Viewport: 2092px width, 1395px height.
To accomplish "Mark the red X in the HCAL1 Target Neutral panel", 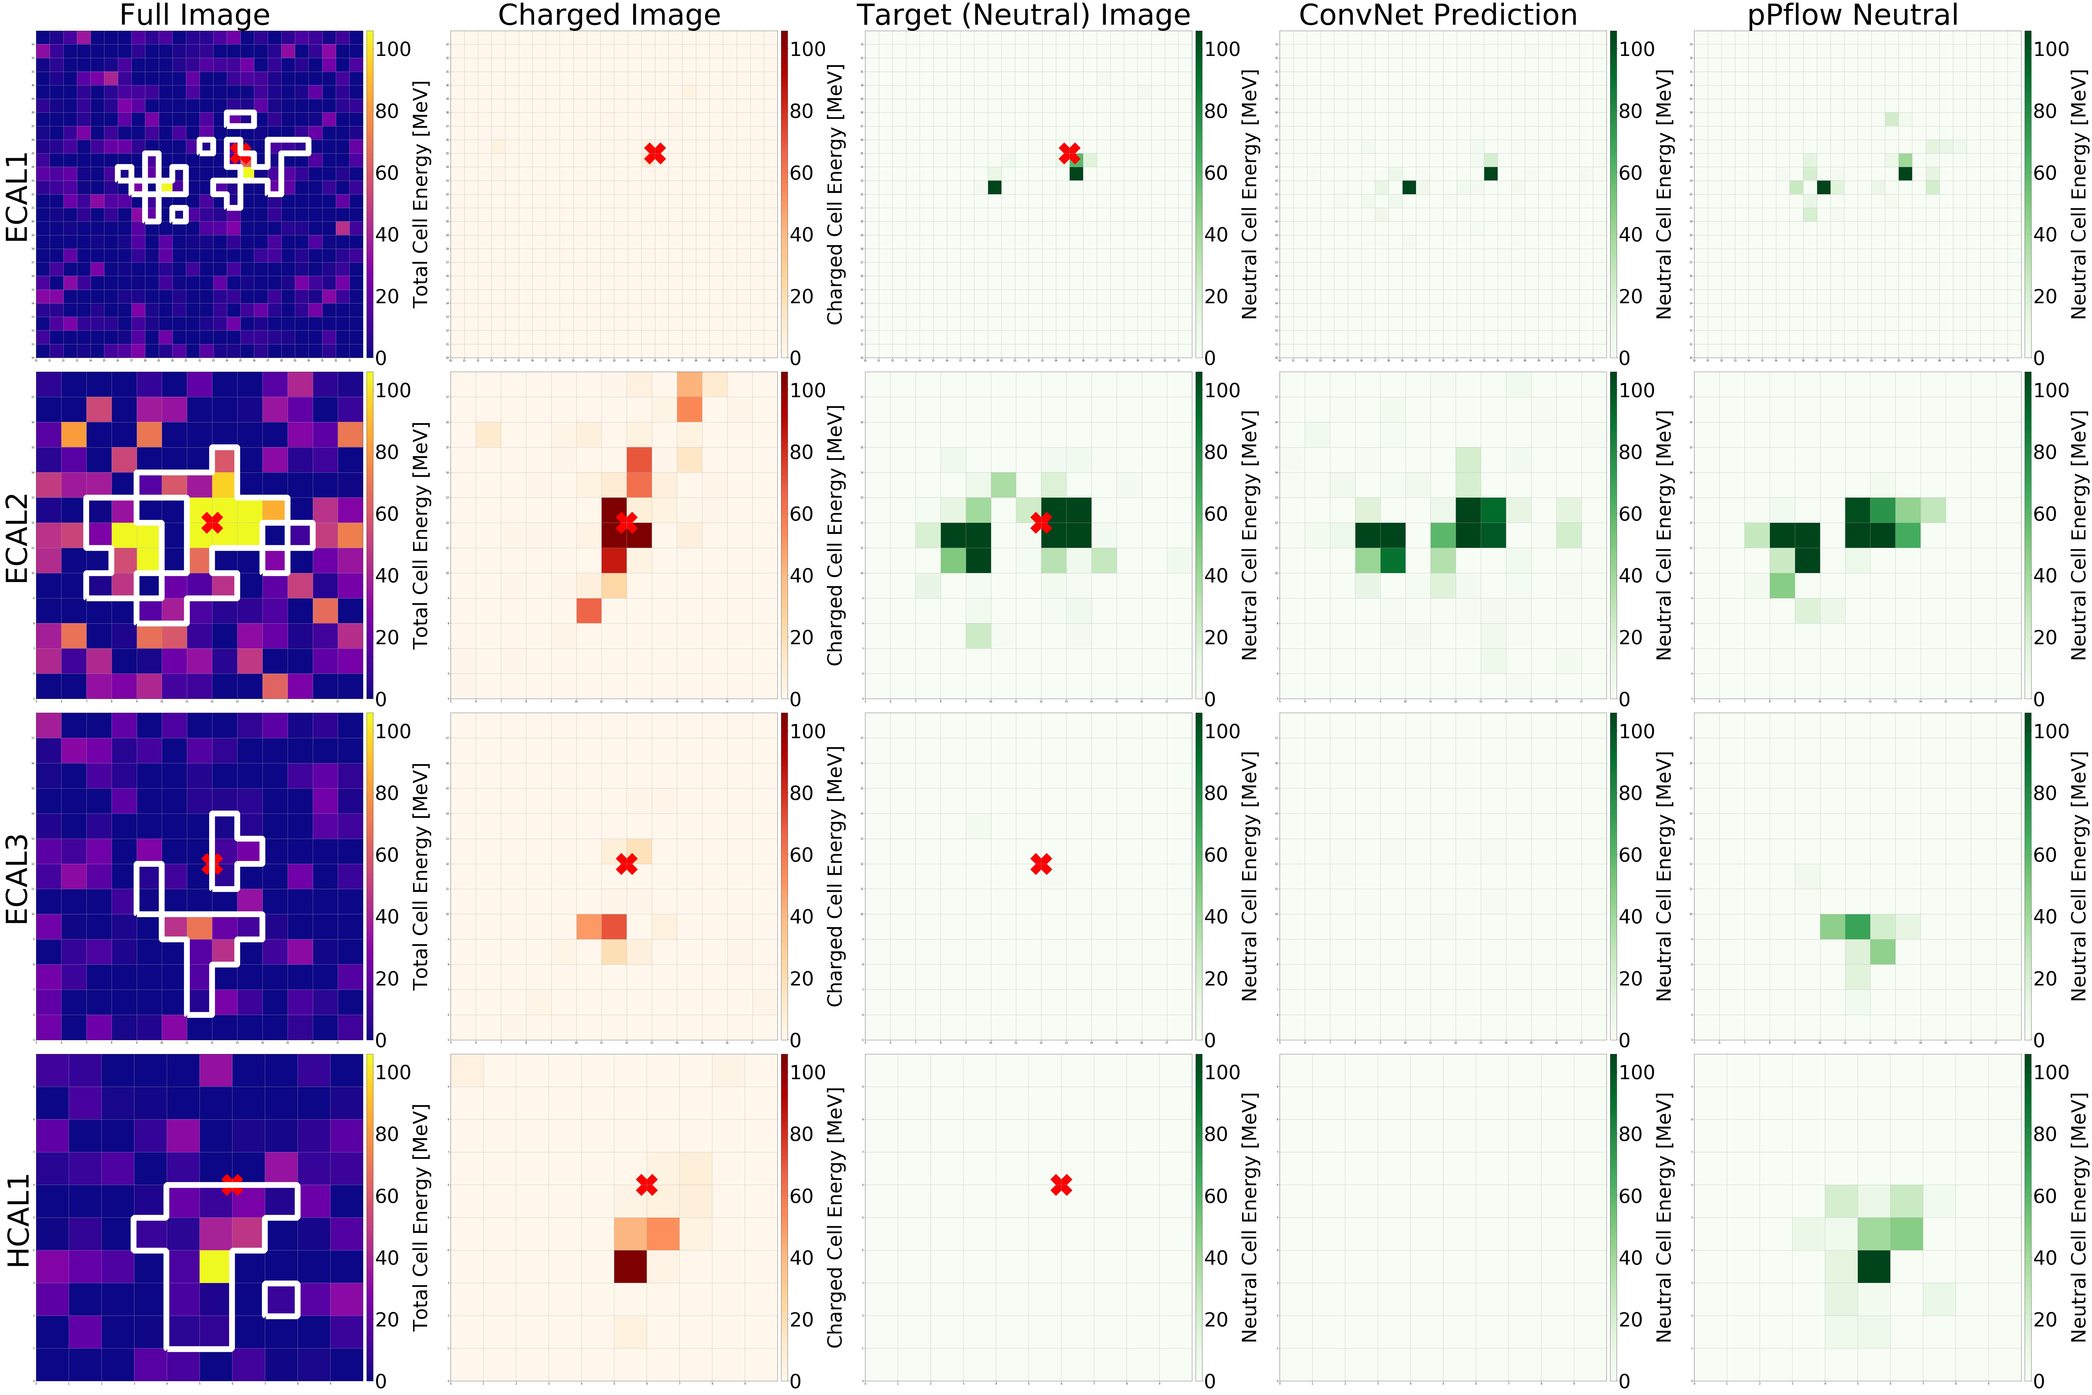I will click(1061, 1185).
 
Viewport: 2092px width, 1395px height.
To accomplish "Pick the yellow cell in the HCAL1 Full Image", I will click(214, 1266).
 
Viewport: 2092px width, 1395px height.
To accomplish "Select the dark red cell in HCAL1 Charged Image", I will click(630, 1266).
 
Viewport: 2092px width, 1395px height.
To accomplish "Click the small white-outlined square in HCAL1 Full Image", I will click(281, 1300).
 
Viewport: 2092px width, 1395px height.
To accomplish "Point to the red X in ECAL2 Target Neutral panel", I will click(1041, 522).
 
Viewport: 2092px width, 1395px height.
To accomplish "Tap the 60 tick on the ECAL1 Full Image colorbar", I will click(387, 173).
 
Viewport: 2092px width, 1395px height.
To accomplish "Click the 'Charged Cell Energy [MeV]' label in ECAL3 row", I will click(834, 876).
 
